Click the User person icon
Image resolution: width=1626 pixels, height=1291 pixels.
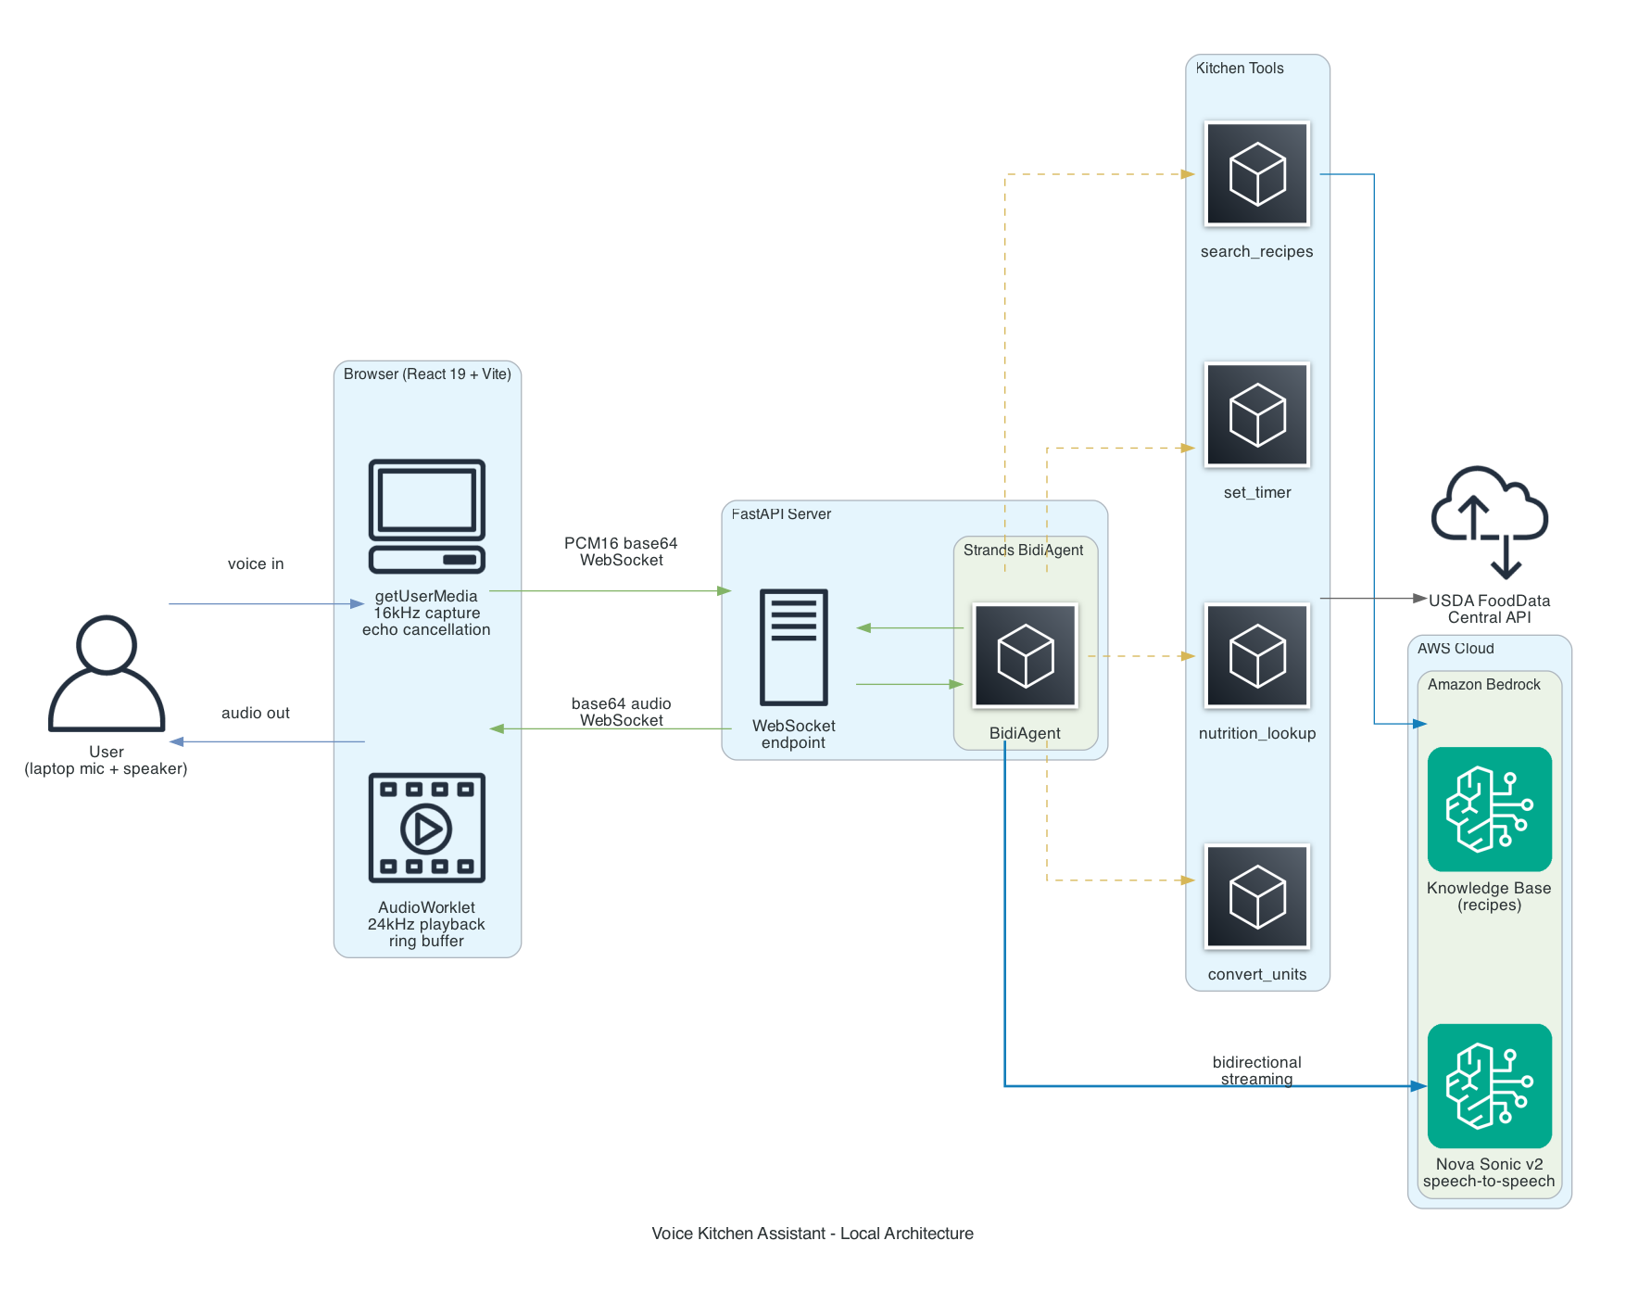tap(107, 674)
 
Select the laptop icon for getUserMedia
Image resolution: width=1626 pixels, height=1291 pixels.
tap(426, 516)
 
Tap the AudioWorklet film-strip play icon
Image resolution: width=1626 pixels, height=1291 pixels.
tap(426, 828)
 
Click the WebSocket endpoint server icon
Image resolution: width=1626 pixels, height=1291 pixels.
tap(794, 647)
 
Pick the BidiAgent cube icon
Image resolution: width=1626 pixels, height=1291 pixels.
tap(1025, 656)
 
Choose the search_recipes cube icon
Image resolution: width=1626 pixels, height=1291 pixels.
tap(1257, 174)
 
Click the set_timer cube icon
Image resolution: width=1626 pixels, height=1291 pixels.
tap(1257, 414)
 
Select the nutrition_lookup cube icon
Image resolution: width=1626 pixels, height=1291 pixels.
tap(1257, 656)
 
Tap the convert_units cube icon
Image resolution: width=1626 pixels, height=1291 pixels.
tap(1257, 896)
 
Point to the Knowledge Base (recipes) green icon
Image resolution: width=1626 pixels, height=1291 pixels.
tap(1489, 809)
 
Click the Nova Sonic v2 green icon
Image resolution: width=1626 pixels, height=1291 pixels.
tap(1489, 1085)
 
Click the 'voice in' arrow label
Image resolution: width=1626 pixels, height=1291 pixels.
tap(256, 563)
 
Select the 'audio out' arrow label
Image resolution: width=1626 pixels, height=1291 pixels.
tap(256, 713)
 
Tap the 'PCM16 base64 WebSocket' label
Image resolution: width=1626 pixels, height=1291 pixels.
tap(621, 551)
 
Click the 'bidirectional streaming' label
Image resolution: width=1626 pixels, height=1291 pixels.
tap(1256, 1070)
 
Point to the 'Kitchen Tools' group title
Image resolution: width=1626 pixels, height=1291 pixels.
tap(1240, 69)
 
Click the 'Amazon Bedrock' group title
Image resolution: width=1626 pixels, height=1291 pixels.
tap(1483, 684)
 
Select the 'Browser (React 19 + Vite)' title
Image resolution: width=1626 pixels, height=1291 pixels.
tap(427, 374)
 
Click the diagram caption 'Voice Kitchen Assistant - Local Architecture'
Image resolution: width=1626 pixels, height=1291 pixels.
tap(813, 1234)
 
